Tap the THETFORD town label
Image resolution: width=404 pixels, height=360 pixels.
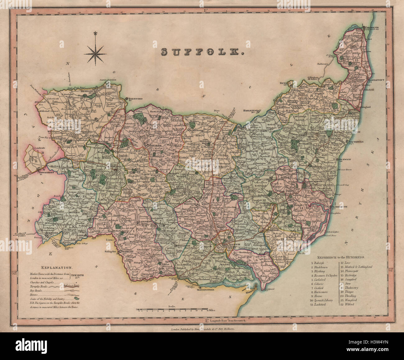[x=134, y=98]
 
